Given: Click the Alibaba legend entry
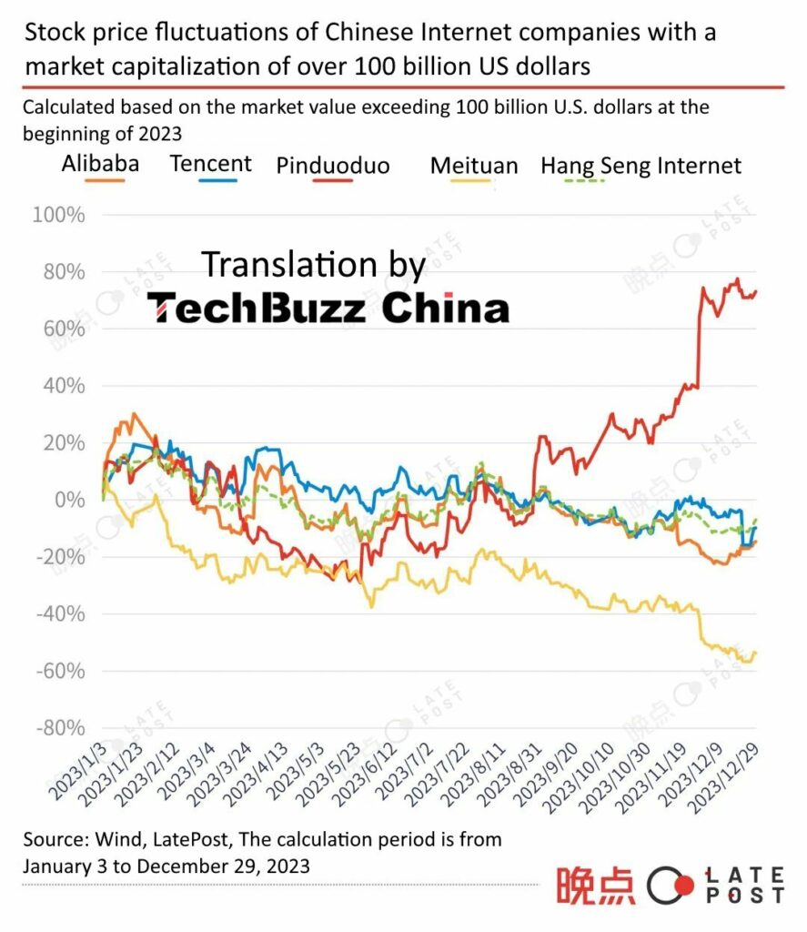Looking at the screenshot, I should tap(100, 165).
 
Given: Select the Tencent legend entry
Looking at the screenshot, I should tap(210, 164).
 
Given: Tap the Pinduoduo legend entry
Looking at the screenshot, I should tap(332, 166).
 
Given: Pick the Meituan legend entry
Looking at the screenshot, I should tap(473, 166).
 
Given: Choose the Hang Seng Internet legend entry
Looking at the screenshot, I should tap(641, 166).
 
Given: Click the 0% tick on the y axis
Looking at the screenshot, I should tap(69, 501).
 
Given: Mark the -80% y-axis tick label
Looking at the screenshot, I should tap(60, 728).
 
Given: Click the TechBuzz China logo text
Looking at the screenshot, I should tap(328, 309).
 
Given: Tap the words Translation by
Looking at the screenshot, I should tap(313, 265).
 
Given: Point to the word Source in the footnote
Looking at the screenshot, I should tap(54, 838).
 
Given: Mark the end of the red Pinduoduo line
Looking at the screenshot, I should tap(757, 291).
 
